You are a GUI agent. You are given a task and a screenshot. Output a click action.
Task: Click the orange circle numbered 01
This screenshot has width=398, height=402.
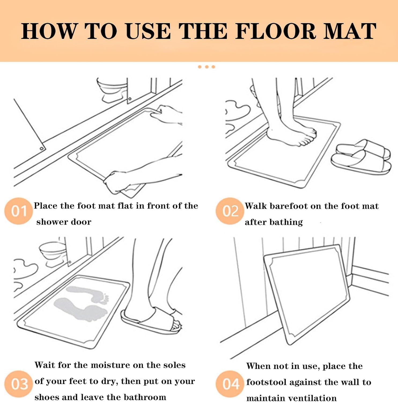tap(19, 211)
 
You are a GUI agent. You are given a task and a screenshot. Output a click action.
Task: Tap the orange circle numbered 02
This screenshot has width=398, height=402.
tap(230, 211)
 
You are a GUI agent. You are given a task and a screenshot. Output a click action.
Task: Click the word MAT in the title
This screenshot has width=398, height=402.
tap(350, 31)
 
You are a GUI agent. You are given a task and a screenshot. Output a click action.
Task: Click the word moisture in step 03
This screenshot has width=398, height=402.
tap(110, 365)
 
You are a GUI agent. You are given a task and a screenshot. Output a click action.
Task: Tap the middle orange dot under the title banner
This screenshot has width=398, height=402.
tap(207, 67)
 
